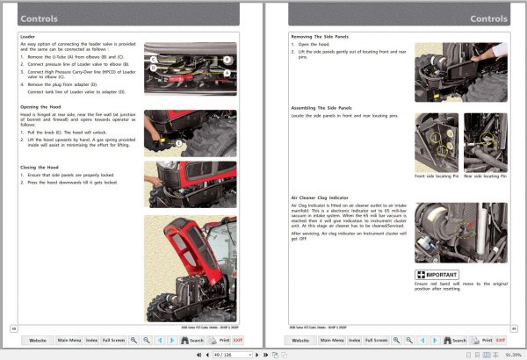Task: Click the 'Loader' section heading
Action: click(27, 36)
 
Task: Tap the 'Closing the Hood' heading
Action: click(42, 166)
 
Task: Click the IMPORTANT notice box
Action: click(437, 275)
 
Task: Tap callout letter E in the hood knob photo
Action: click(178, 142)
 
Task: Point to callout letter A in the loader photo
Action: click(227, 73)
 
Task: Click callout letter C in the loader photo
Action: click(153, 60)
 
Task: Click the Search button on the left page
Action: click(190, 339)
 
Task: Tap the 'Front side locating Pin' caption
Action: click(436, 176)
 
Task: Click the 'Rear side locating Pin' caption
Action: click(486, 176)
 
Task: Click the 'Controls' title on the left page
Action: click(40, 18)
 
